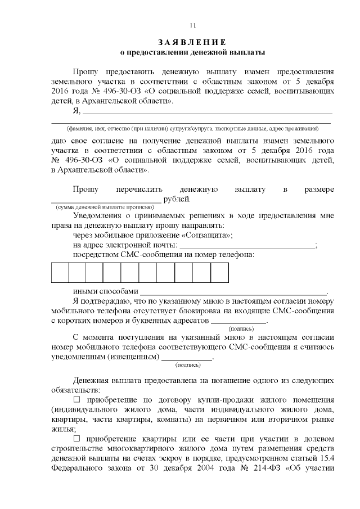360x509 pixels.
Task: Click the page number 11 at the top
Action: (x=192, y=25)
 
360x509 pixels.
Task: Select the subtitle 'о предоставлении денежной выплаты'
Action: (x=192, y=52)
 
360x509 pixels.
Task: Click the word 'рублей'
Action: (x=176, y=199)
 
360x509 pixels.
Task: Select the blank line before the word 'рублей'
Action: (x=106, y=200)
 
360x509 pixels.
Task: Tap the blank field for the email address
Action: (x=247, y=246)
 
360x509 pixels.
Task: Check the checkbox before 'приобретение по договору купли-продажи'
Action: (x=78, y=399)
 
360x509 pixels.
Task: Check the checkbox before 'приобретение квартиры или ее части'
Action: (x=78, y=438)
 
